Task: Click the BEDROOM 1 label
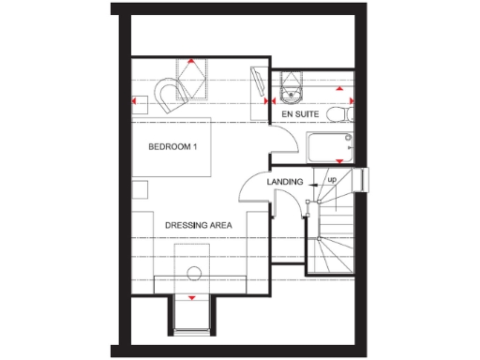pyautogui.click(x=173, y=147)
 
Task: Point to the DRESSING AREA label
pyautogui.click(x=199, y=226)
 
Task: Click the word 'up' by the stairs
pyautogui.click(x=332, y=179)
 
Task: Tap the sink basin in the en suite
pyautogui.click(x=290, y=91)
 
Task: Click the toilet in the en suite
pyautogui.click(x=342, y=112)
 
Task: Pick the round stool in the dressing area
pyautogui.click(x=194, y=274)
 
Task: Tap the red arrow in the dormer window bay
pyautogui.click(x=193, y=297)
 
